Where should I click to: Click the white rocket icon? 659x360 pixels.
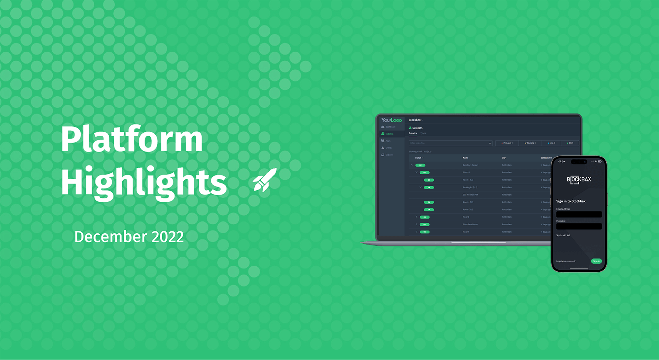[265, 180]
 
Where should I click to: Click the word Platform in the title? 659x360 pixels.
[132, 139]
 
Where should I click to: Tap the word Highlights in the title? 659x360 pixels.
[144, 182]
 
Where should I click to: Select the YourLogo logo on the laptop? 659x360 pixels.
[391, 120]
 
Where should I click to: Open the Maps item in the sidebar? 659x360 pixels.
[388, 141]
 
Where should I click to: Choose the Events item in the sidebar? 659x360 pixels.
[388, 148]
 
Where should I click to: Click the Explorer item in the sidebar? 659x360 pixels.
[389, 155]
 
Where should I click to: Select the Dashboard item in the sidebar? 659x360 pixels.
[390, 127]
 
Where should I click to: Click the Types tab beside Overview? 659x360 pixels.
[423, 133]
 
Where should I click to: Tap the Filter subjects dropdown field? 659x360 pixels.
[450, 143]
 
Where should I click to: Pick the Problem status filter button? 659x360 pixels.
[507, 143]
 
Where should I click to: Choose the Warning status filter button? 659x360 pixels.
[530, 143]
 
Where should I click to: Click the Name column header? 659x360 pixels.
[466, 158]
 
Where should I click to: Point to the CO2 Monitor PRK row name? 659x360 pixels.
[470, 195]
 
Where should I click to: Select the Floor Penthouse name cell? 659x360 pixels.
[470, 225]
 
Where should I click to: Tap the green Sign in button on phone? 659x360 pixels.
[596, 261]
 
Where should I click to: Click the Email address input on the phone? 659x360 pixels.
[579, 215]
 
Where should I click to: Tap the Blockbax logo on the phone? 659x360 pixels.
[579, 180]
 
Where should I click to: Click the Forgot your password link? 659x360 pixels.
[566, 261]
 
